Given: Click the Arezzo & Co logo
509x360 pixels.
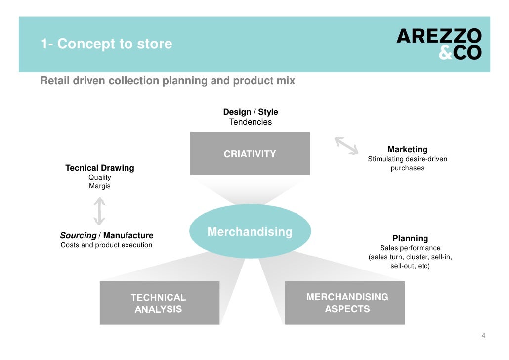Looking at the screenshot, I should point(439,44).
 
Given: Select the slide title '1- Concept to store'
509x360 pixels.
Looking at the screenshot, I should point(106,44).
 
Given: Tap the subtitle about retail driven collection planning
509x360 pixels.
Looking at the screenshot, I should point(168,81).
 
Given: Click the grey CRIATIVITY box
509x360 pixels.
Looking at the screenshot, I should point(250,154).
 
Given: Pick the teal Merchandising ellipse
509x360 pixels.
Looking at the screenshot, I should point(250,231).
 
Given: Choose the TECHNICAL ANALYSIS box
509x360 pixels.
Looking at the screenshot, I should point(159,303).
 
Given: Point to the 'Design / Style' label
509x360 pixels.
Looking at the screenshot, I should point(251,112).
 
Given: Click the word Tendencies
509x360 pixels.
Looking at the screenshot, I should point(251,122).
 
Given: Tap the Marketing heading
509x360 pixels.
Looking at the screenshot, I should point(408,149).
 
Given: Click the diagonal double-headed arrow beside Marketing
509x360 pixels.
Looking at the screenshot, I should point(347,145).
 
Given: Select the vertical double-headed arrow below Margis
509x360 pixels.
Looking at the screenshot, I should point(100,211).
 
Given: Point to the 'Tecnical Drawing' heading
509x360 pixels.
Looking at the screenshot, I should point(100,168).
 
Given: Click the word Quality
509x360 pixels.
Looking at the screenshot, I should point(100,177).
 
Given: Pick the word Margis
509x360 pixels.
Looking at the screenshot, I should point(100,186).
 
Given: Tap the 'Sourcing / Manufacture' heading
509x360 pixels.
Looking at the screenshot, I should point(107,235).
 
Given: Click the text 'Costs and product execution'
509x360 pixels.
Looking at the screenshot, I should point(107,245).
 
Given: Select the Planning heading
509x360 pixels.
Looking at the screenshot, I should point(410,238).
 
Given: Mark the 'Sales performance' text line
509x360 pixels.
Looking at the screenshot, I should point(410,248).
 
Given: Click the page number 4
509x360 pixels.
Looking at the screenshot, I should point(484,336).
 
